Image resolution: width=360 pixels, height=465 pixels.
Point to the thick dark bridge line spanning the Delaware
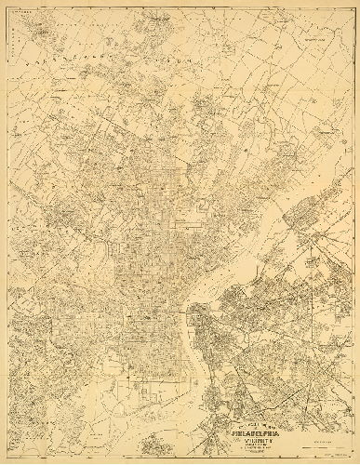pyautogui.click(x=191, y=302)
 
